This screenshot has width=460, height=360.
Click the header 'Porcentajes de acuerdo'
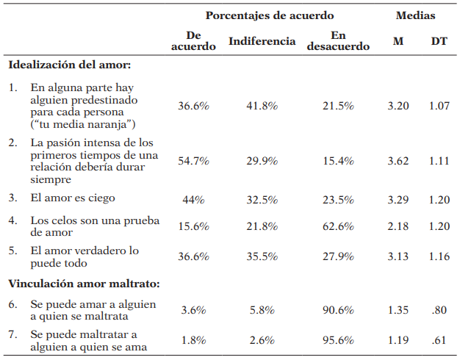[x=269, y=15]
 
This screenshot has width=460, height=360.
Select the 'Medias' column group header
[x=415, y=15]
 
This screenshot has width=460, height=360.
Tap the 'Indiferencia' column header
[x=263, y=41]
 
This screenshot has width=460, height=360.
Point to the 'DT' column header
[x=439, y=41]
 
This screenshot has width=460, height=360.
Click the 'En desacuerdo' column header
[x=338, y=41]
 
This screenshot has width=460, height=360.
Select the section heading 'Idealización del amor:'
[x=69, y=65]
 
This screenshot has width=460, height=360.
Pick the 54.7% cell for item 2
[x=193, y=161]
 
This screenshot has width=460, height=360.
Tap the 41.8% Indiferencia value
[x=262, y=107]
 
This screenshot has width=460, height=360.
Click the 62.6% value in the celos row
[x=338, y=226]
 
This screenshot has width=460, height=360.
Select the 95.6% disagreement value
[x=338, y=341]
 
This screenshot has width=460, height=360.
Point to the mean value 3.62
[x=398, y=161]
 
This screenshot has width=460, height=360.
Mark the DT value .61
[x=439, y=341]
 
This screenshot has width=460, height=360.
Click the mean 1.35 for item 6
[x=398, y=310]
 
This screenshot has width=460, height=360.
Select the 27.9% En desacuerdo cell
[x=338, y=256]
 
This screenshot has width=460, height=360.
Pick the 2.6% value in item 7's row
[x=262, y=341]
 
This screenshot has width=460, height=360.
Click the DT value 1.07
[x=439, y=107]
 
